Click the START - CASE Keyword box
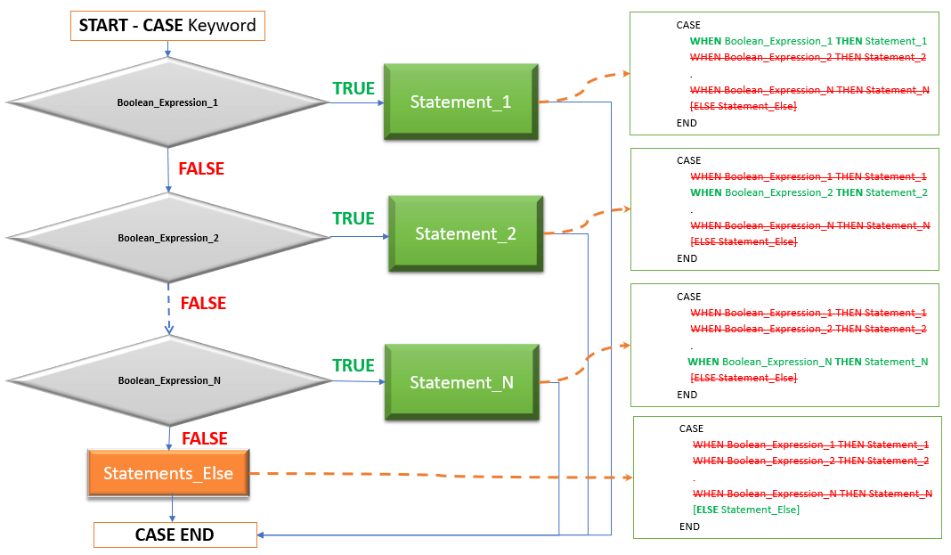pyautogui.click(x=167, y=26)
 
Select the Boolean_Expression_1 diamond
pyautogui.click(x=167, y=102)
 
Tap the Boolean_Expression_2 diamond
pyautogui.click(x=167, y=238)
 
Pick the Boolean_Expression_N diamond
pyautogui.click(x=168, y=380)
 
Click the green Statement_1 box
pyautogui.click(x=460, y=102)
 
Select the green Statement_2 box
pyautogui.click(x=466, y=234)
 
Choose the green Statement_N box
pyautogui.click(x=461, y=382)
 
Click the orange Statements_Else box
pyautogui.click(x=168, y=473)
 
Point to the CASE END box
pyautogui.click(x=175, y=535)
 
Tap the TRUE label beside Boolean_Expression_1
pyautogui.click(x=354, y=88)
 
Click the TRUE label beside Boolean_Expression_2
pyautogui.click(x=354, y=218)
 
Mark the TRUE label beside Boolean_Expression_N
pyautogui.click(x=354, y=365)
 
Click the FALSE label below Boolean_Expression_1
pyautogui.click(x=201, y=168)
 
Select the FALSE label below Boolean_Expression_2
pyautogui.click(x=203, y=303)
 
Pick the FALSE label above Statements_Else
pyautogui.click(x=205, y=438)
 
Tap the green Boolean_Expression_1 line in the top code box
pyautogui.click(x=808, y=41)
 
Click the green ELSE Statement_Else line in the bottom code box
pyautogui.click(x=745, y=510)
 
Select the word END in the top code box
pyautogui.click(x=687, y=123)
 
